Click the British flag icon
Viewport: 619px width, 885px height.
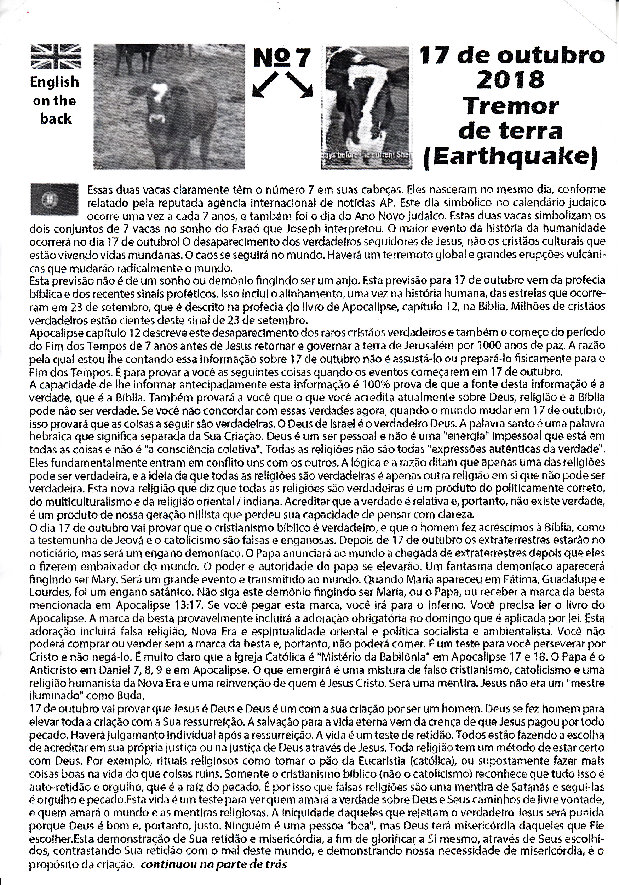pos(56,56)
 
